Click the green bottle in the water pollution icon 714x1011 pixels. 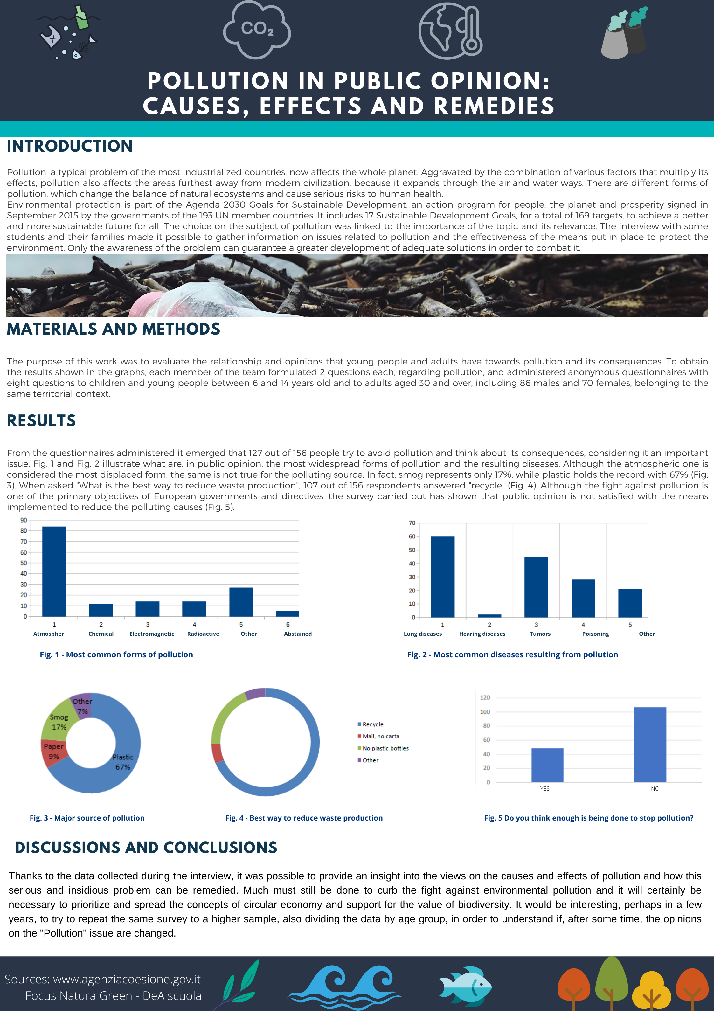81,17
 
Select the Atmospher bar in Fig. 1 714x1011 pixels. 54,571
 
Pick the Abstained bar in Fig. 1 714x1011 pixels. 287,613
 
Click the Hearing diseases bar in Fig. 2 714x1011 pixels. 489,616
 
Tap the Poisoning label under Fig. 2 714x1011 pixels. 595,634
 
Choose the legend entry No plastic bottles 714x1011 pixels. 385,748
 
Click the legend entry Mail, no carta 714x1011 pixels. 381,736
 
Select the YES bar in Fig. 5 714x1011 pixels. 547,765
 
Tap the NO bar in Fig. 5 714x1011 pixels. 650,744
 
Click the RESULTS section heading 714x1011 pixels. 41,420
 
